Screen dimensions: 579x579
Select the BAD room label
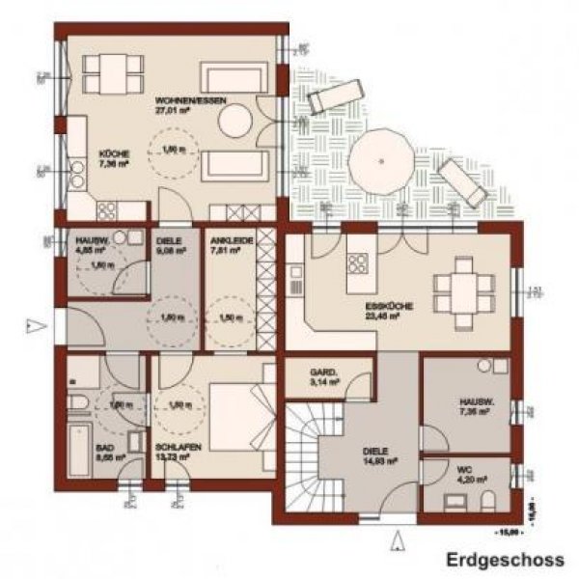pos(105,450)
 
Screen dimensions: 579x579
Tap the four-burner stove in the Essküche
pos(357,263)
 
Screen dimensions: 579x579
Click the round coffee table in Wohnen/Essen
pos(234,122)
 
